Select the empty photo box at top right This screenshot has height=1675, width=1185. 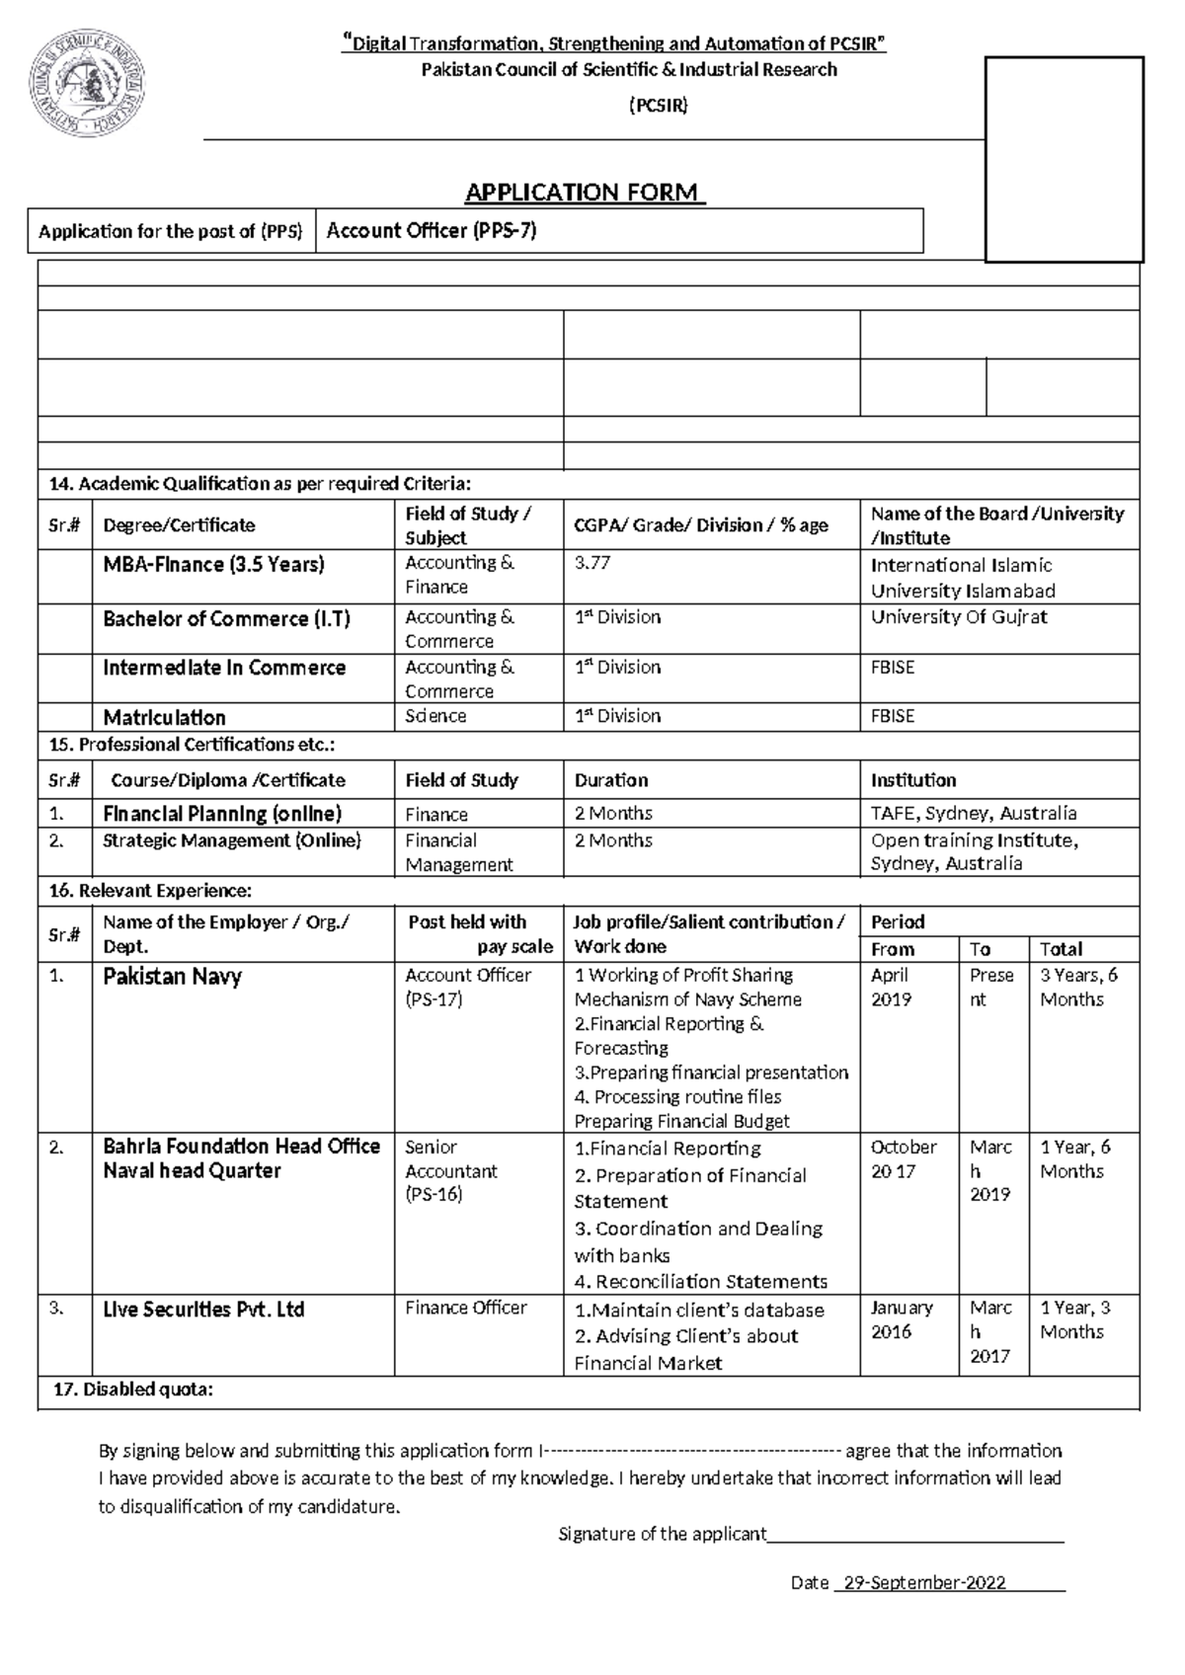tap(1065, 159)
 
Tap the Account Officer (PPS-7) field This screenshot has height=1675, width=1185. tap(432, 231)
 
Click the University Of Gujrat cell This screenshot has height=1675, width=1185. tap(958, 617)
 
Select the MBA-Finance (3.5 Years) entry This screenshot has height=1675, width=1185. tap(213, 565)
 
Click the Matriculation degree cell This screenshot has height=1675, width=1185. tap(164, 717)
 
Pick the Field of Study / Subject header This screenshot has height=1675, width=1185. tap(468, 525)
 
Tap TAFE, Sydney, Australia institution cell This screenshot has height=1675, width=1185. tap(973, 814)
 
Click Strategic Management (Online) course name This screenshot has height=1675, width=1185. tap(232, 840)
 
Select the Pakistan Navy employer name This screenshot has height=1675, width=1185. tap(172, 977)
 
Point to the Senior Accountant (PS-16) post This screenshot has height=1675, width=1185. tap(450, 1170)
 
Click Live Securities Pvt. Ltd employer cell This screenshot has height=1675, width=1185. tap(203, 1310)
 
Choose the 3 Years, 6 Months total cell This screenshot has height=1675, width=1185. tap(1078, 987)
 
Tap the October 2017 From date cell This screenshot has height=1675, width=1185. tap(903, 1158)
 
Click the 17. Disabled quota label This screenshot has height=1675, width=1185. tap(132, 1391)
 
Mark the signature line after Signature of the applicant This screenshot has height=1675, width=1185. tap(915, 1537)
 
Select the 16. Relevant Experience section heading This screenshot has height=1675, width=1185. tap(150, 891)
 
